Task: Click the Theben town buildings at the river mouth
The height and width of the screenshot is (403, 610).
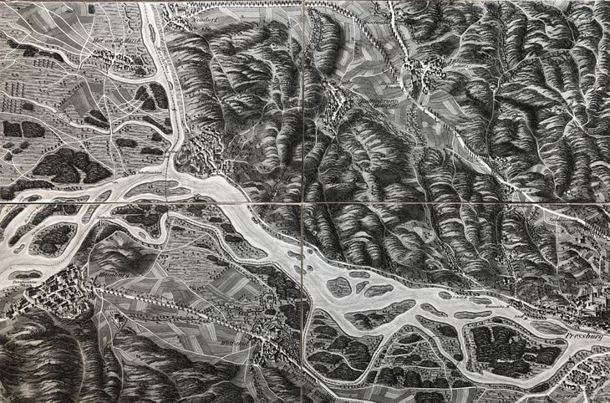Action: (x=201, y=159)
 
